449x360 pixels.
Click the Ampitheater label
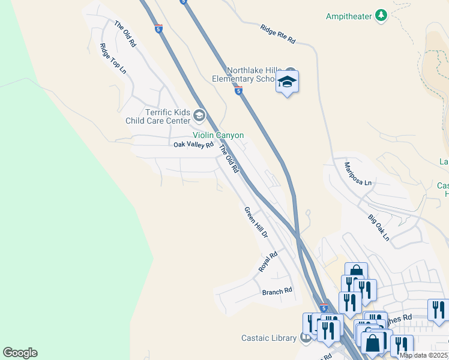pos(349,16)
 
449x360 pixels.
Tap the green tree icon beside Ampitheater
pos(381,16)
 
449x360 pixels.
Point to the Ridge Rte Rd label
pos(278,34)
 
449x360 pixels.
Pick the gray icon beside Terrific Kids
pos(199,116)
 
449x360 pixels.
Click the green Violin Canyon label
pos(218,135)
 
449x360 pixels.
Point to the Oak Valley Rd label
pos(193,145)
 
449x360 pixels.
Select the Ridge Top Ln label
pos(113,59)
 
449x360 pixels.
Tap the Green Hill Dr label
pos(255,221)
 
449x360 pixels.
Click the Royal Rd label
pos(268,262)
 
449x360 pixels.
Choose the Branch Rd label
pos(277,291)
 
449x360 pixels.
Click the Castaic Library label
pos(269,338)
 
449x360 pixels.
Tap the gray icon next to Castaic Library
pos(306,338)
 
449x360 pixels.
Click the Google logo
pos(20,353)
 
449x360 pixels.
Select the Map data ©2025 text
pos(423,355)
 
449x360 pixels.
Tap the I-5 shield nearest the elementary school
pos(238,91)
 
